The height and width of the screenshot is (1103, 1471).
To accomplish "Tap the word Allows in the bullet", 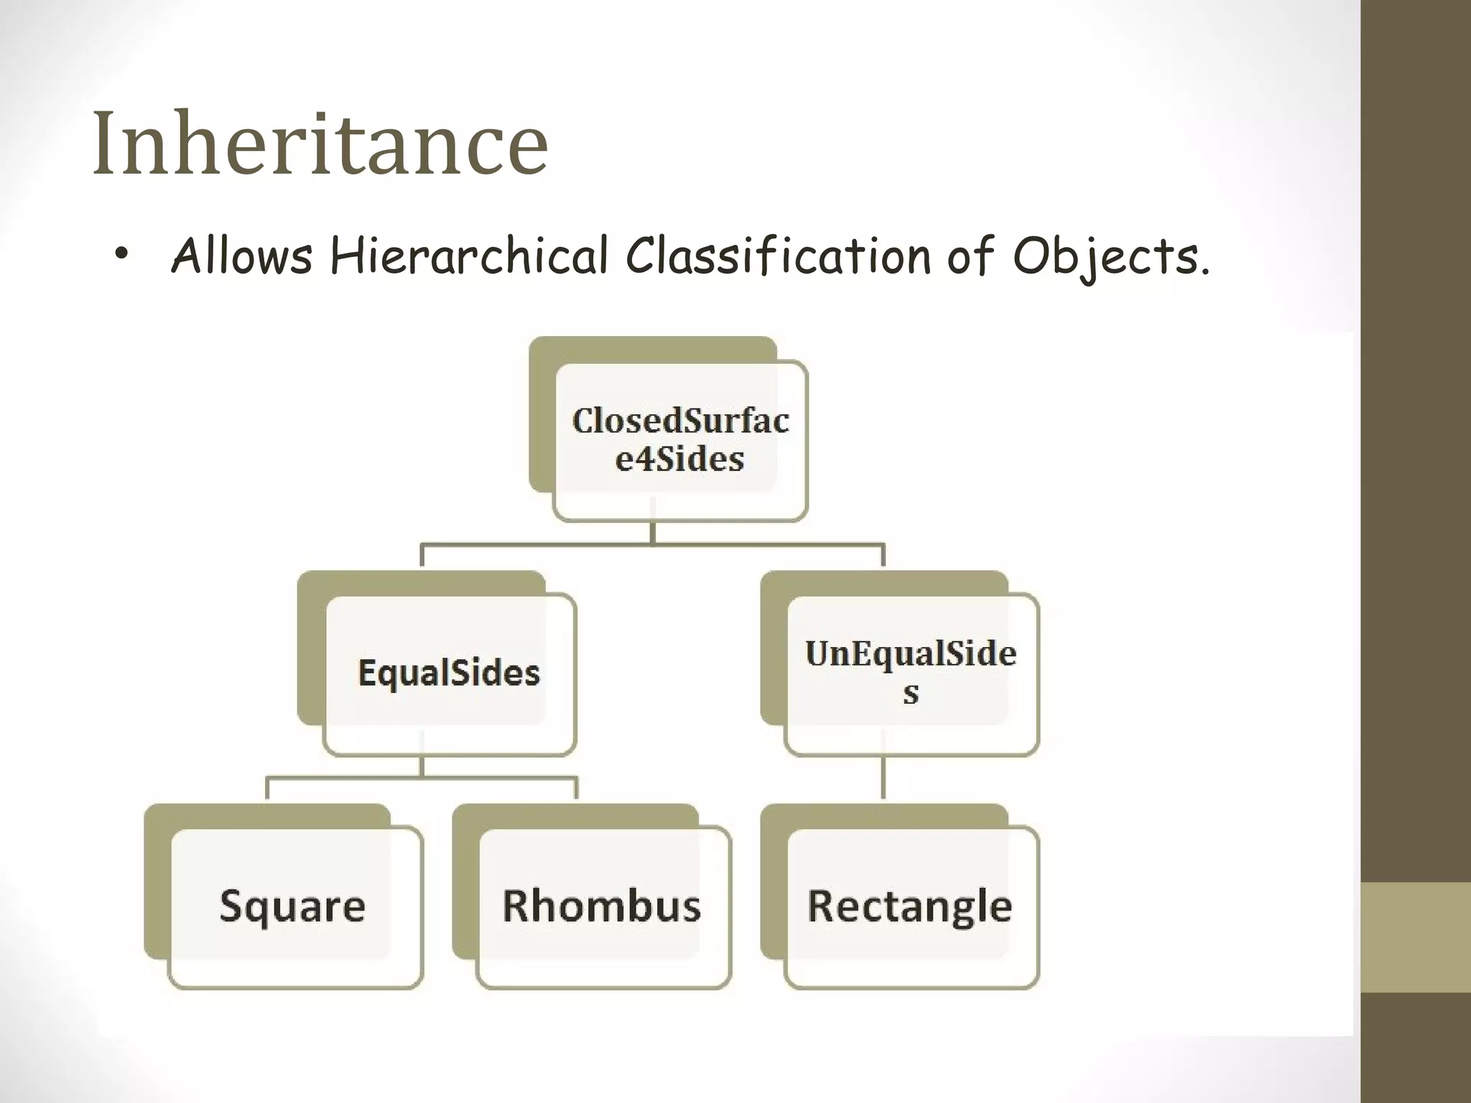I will (242, 256).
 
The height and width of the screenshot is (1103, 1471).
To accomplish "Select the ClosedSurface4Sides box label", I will (680, 439).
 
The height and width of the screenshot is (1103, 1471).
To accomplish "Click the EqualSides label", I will (449, 673).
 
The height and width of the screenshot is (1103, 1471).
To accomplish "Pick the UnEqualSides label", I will (911, 671).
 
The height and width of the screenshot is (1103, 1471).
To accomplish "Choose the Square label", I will (292, 906).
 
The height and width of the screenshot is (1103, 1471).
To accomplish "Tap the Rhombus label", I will (601, 906).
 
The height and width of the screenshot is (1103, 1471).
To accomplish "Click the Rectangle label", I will (910, 906).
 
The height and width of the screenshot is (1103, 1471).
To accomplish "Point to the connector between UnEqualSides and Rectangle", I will (883, 778).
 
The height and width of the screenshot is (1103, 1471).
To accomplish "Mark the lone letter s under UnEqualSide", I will (911, 694).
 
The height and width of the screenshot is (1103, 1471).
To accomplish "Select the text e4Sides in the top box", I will (679, 459).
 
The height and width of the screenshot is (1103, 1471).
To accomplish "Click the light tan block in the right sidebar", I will (1416, 937).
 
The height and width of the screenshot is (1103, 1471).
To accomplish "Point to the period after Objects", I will (1204, 271).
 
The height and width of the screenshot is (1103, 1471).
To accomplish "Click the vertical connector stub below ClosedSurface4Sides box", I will (652, 532).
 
